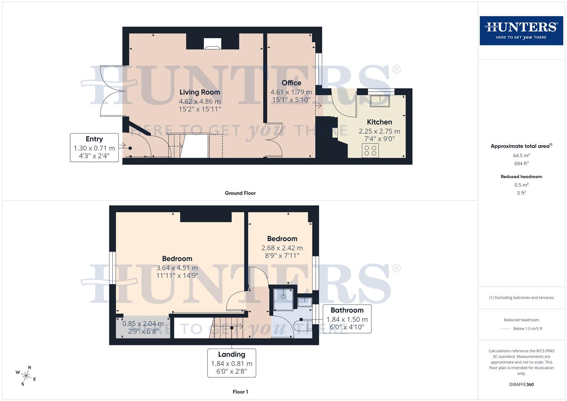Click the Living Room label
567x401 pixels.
click(200, 92)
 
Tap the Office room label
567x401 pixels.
click(291, 83)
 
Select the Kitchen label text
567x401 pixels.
click(379, 122)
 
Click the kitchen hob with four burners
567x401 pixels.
click(370, 150)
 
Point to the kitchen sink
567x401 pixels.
click(379, 101)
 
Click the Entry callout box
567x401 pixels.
click(94, 147)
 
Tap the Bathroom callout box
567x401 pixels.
click(347, 319)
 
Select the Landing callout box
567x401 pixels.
click(232, 363)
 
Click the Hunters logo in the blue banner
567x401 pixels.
click(521, 30)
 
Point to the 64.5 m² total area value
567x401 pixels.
click(521, 156)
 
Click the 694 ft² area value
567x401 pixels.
click(521, 163)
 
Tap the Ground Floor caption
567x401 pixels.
click(240, 193)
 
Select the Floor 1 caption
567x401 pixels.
click(240, 392)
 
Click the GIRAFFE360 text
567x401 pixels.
click(521, 385)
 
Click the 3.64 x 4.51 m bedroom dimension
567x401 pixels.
click(177, 268)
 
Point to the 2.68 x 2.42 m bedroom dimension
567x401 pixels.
click(282, 248)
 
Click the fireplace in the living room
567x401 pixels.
click(212, 44)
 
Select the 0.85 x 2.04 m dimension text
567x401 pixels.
click(143, 324)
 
